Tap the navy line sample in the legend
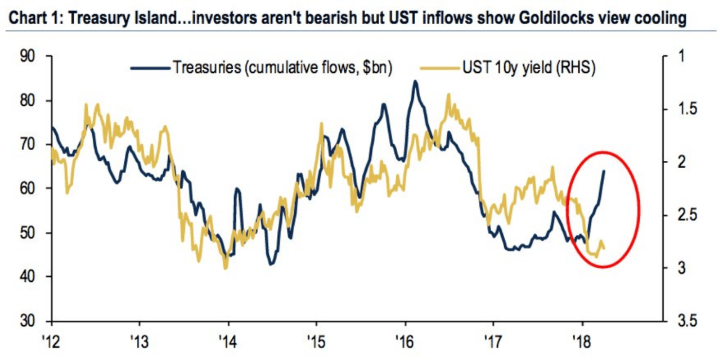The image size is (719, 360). [x=150, y=68]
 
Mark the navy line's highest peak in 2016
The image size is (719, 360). [x=415, y=81]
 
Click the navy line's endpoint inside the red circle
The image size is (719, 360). [x=604, y=171]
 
